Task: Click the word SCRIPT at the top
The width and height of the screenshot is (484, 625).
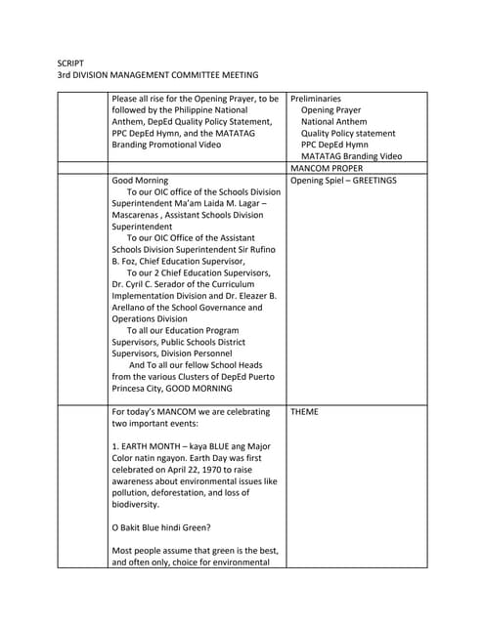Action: tap(71, 62)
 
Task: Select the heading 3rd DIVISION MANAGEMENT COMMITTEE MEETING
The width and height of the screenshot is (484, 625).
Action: tap(157, 75)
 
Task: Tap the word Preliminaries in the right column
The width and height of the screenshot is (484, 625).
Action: tap(316, 99)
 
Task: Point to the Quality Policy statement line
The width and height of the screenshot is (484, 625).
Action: tap(348, 133)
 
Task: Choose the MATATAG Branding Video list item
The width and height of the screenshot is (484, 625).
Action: tap(351, 156)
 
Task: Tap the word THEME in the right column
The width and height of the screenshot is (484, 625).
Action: tap(304, 412)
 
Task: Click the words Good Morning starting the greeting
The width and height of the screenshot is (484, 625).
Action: tap(140, 181)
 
